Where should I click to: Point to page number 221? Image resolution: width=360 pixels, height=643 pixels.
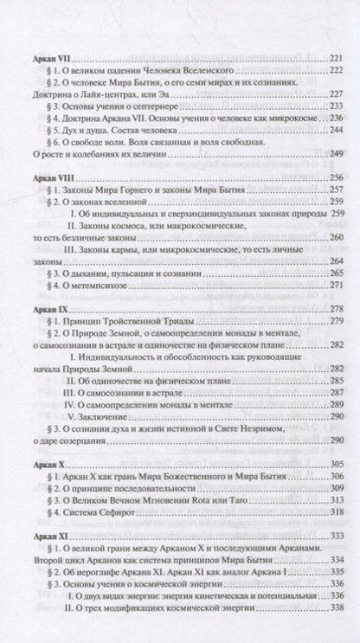[x=332, y=56]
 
